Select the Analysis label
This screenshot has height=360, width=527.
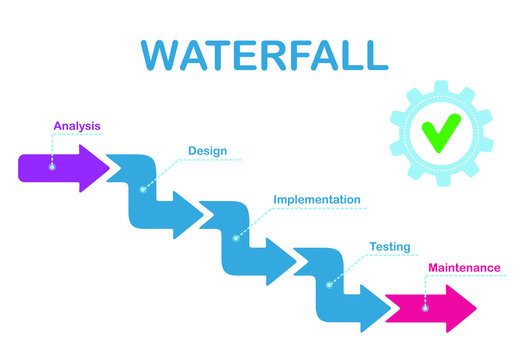tap(77, 126)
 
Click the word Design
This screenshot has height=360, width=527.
tap(207, 151)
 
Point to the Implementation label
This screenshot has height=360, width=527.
tap(316, 199)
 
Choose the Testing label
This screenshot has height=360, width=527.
tap(389, 246)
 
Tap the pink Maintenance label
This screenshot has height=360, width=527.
tap(464, 268)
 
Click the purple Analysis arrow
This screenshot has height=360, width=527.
tap(60, 167)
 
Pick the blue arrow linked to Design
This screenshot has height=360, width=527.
tap(150, 195)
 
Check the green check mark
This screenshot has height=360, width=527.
tap(440, 133)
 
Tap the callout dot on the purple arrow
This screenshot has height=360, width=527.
tap(52, 167)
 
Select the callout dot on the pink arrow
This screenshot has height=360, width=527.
tap(425, 309)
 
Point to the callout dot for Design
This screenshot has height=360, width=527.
tap(144, 188)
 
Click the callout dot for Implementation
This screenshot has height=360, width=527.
tap(236, 237)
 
